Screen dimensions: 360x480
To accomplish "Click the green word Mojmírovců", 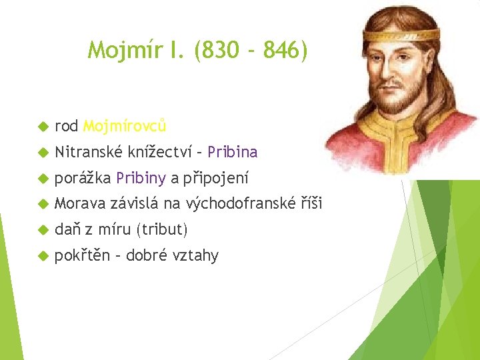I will [x=125, y=126].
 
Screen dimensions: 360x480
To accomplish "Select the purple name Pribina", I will [x=232, y=152].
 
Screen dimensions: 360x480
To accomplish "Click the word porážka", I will [x=82, y=178].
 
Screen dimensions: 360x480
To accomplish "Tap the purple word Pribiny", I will [x=141, y=178].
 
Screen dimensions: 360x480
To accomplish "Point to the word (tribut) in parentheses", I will [x=162, y=230].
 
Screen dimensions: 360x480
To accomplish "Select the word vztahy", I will [x=195, y=256].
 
